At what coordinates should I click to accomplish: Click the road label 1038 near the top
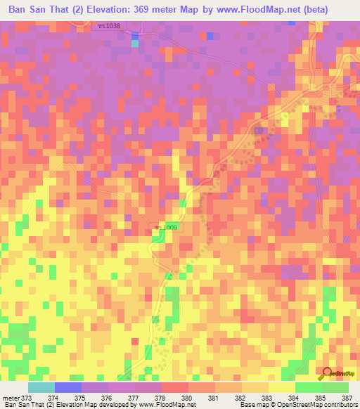(x=110, y=26)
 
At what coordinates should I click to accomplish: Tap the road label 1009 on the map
(x=166, y=228)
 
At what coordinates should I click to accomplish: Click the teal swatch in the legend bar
(x=41, y=387)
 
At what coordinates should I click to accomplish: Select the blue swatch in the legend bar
(x=68, y=387)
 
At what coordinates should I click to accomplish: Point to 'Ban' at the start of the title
(x=19, y=11)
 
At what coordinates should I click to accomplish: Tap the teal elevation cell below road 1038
(x=135, y=43)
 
